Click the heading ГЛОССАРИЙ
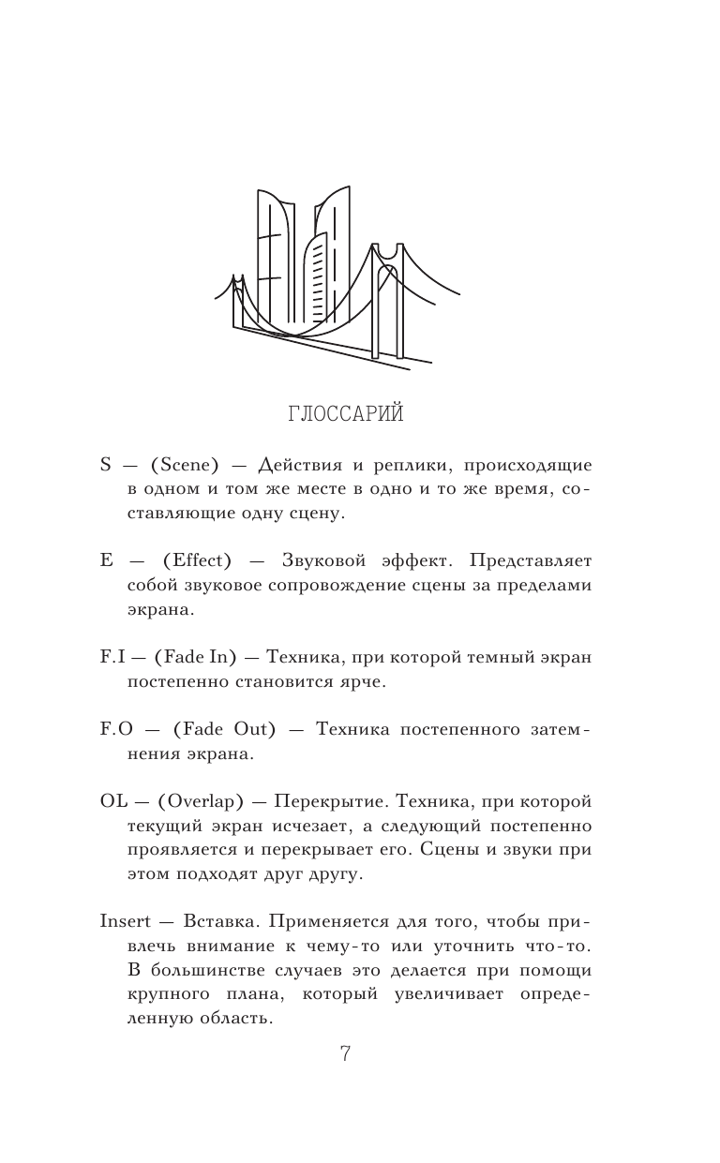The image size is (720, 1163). (343, 413)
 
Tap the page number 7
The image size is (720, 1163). (344, 1054)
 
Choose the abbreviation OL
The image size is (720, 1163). (112, 801)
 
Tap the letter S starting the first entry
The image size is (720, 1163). (105, 467)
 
